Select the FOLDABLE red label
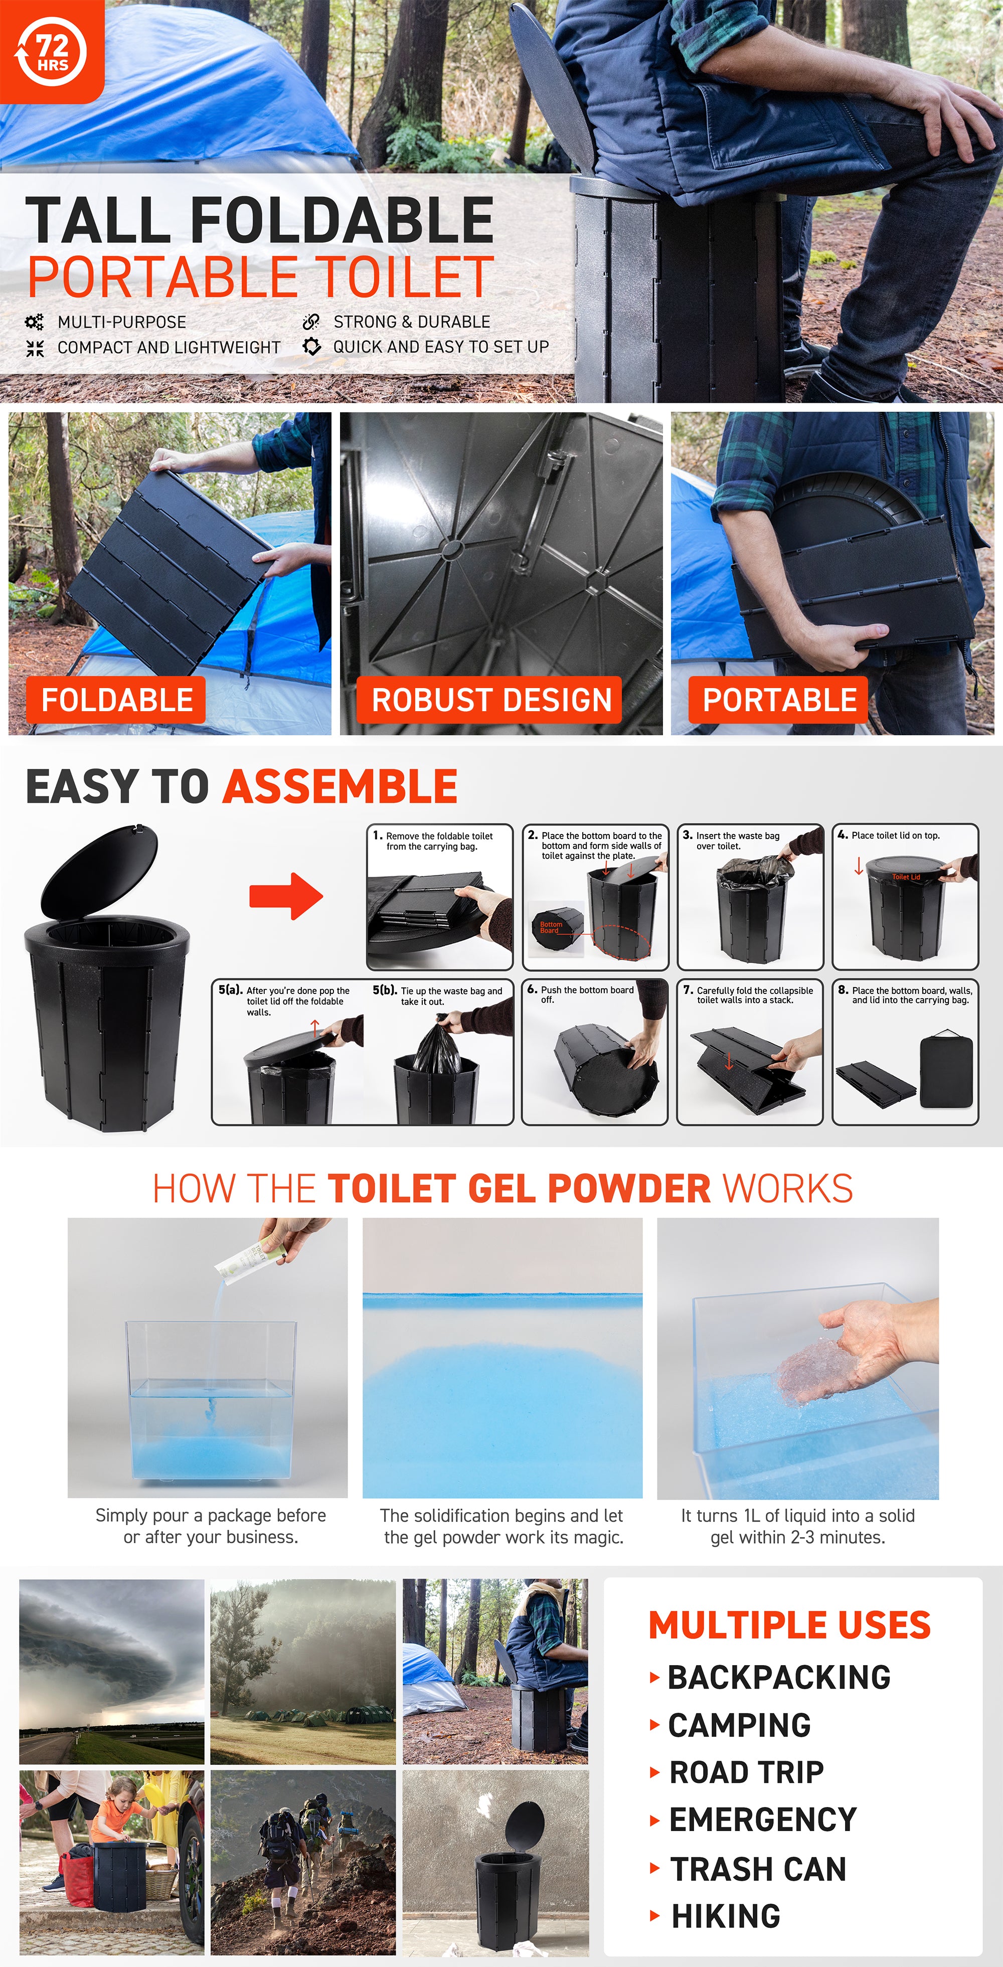pos(117,700)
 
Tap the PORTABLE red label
pos(779,700)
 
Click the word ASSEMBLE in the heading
pos(341,786)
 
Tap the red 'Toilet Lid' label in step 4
pos(906,877)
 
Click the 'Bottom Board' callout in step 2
pos(550,927)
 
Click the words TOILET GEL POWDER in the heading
pos(519,1189)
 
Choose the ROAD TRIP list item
pos(746,1772)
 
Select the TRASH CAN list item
pos(758,1869)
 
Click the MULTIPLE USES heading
pos(789,1625)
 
